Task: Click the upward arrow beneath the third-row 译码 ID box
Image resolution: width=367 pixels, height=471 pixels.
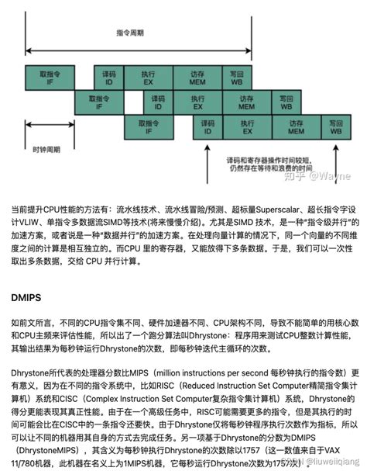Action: point(208,147)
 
